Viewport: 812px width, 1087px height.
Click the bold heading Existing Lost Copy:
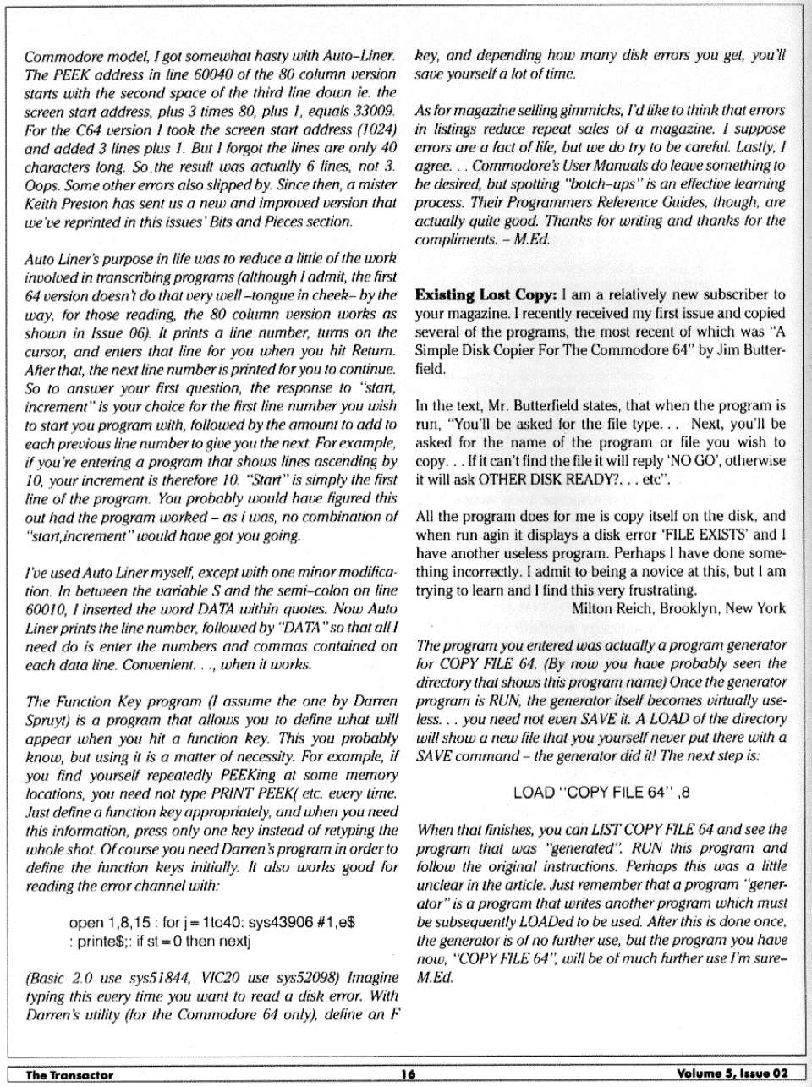point(486,295)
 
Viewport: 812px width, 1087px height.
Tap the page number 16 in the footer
point(408,1074)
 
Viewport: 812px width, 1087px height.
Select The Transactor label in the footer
point(69,1074)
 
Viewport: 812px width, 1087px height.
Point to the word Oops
point(40,184)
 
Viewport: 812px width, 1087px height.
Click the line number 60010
point(44,608)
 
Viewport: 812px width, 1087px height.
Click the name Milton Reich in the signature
point(612,608)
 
